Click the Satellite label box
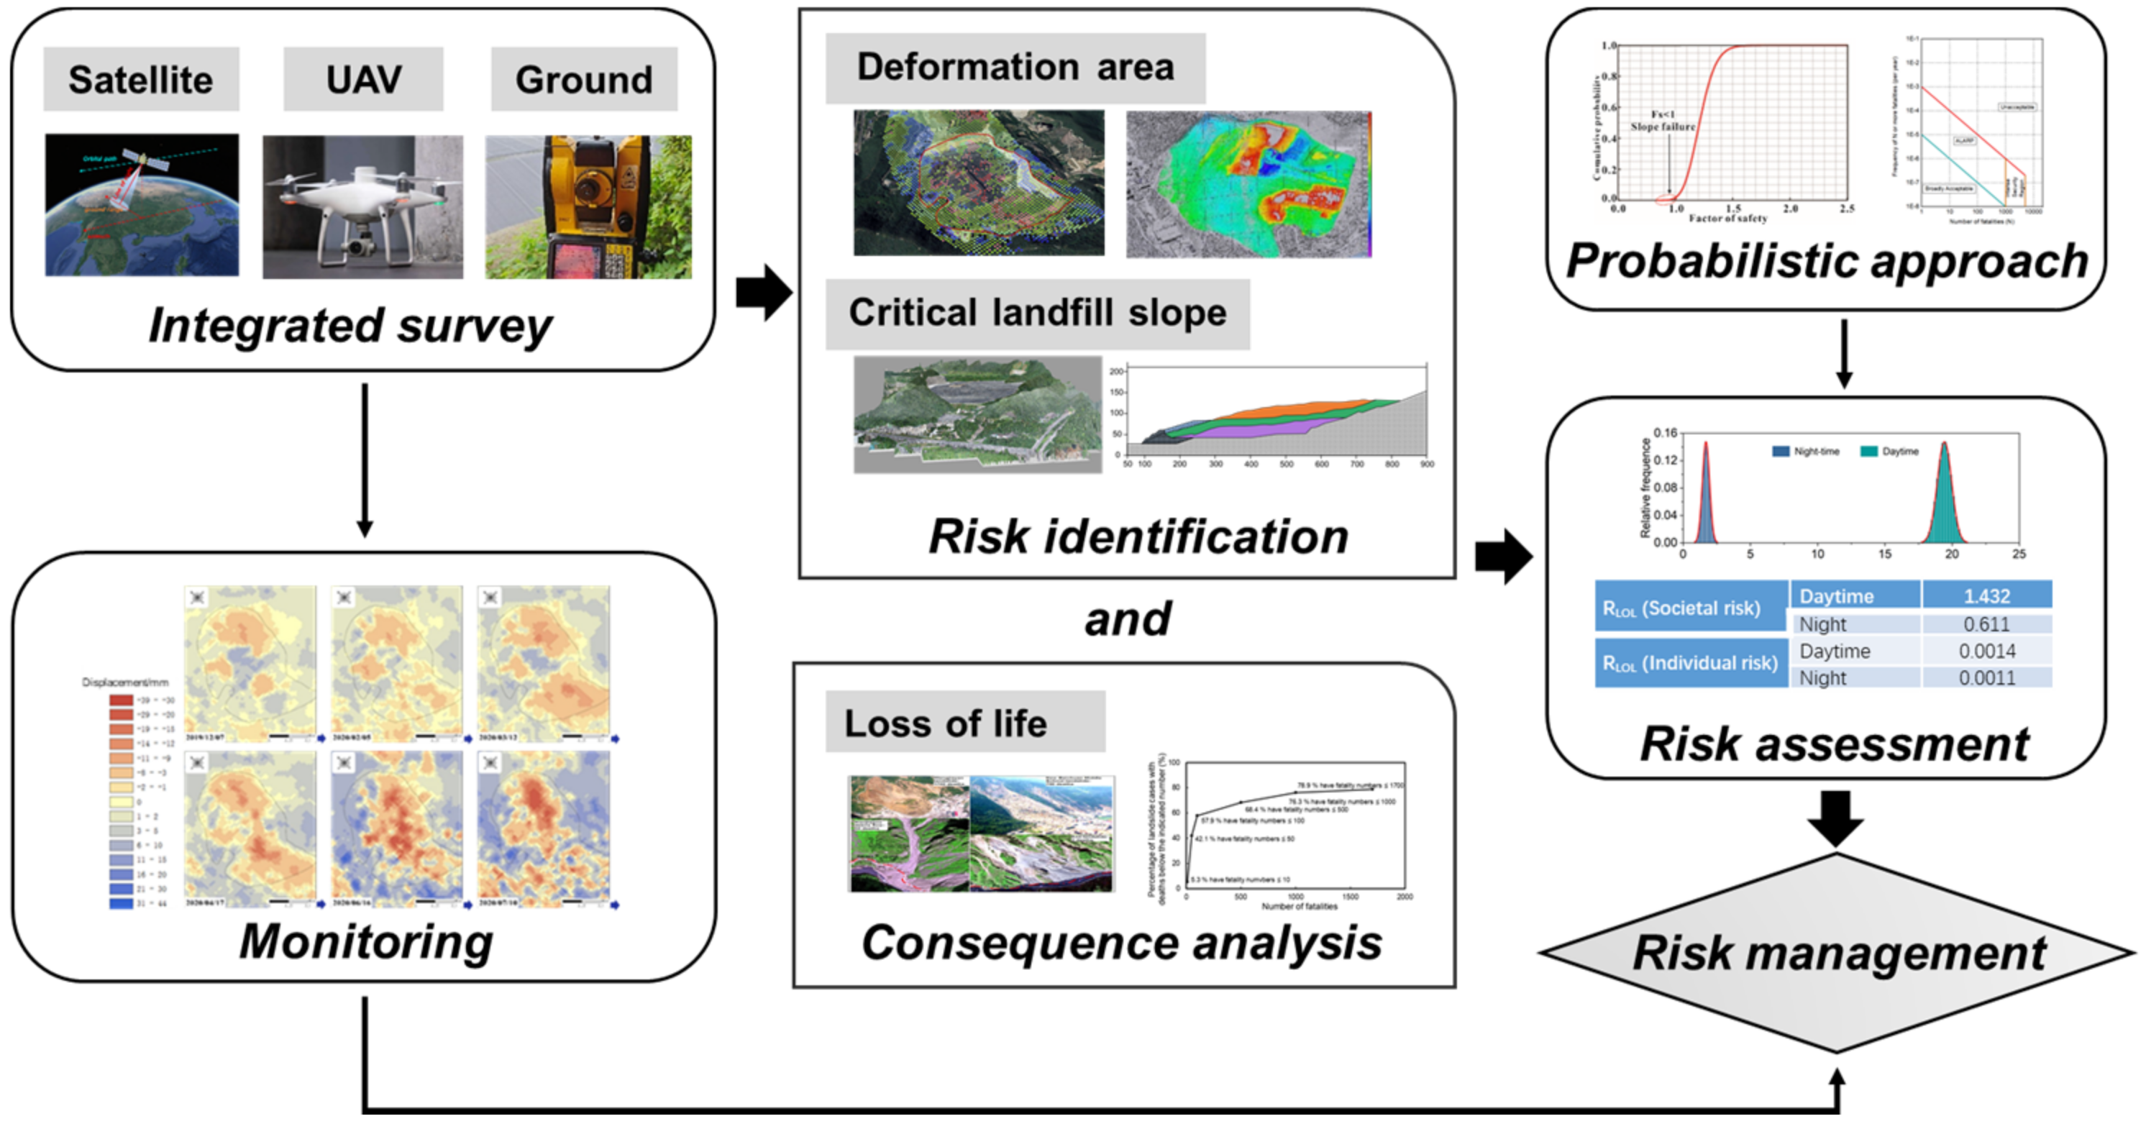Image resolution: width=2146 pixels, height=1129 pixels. [141, 80]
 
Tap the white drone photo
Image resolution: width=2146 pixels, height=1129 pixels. [362, 206]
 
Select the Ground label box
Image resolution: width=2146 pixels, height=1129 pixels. [583, 80]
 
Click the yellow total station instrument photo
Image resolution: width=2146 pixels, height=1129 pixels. [588, 206]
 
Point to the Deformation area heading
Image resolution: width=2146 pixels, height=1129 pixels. [1015, 68]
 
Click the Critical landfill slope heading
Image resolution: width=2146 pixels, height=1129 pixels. [1036, 314]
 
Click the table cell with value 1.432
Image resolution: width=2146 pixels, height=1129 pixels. [1986, 595]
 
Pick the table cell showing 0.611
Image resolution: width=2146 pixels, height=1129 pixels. [1986, 624]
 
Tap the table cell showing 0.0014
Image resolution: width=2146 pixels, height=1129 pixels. [1986, 651]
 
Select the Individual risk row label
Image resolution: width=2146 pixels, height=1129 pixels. [1689, 662]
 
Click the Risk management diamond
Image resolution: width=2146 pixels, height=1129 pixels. [1837, 952]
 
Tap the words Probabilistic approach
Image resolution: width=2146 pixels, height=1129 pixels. [1826, 261]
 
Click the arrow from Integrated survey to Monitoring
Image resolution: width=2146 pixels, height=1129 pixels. [364, 459]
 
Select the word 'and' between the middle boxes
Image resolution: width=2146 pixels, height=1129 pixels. [1126, 619]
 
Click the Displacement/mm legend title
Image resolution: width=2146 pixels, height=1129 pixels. [125, 682]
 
